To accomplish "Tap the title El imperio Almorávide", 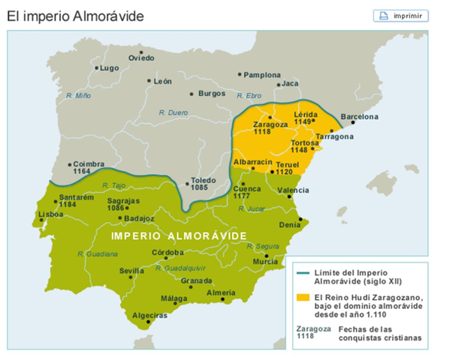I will [76, 15].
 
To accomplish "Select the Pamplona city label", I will [263, 75].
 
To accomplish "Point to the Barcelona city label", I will [360, 118].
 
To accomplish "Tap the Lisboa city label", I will [50, 214].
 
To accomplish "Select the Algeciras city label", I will [149, 315].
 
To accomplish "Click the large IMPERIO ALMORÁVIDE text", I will [179, 235].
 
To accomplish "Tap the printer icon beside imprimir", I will [383, 15].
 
